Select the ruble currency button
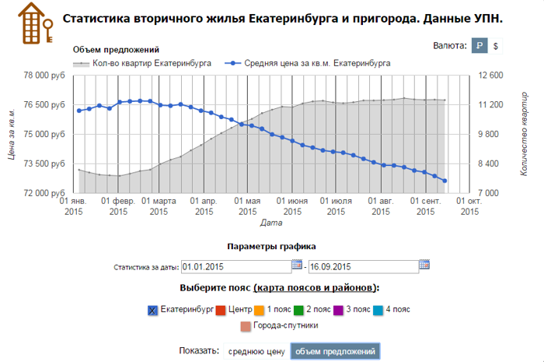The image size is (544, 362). click(479, 47)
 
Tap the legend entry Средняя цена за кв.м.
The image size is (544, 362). click(311, 63)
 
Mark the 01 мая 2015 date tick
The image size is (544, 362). click(247, 206)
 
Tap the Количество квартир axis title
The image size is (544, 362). click(524, 134)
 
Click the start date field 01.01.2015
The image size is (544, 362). click(235, 265)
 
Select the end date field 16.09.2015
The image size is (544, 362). click(362, 265)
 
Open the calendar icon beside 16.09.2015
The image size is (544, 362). click(424, 265)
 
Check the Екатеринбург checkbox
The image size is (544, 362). click(152, 310)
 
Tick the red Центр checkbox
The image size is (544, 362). click(221, 310)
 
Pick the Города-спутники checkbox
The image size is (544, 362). click(246, 326)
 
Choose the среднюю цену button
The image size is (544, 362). click(256, 351)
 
